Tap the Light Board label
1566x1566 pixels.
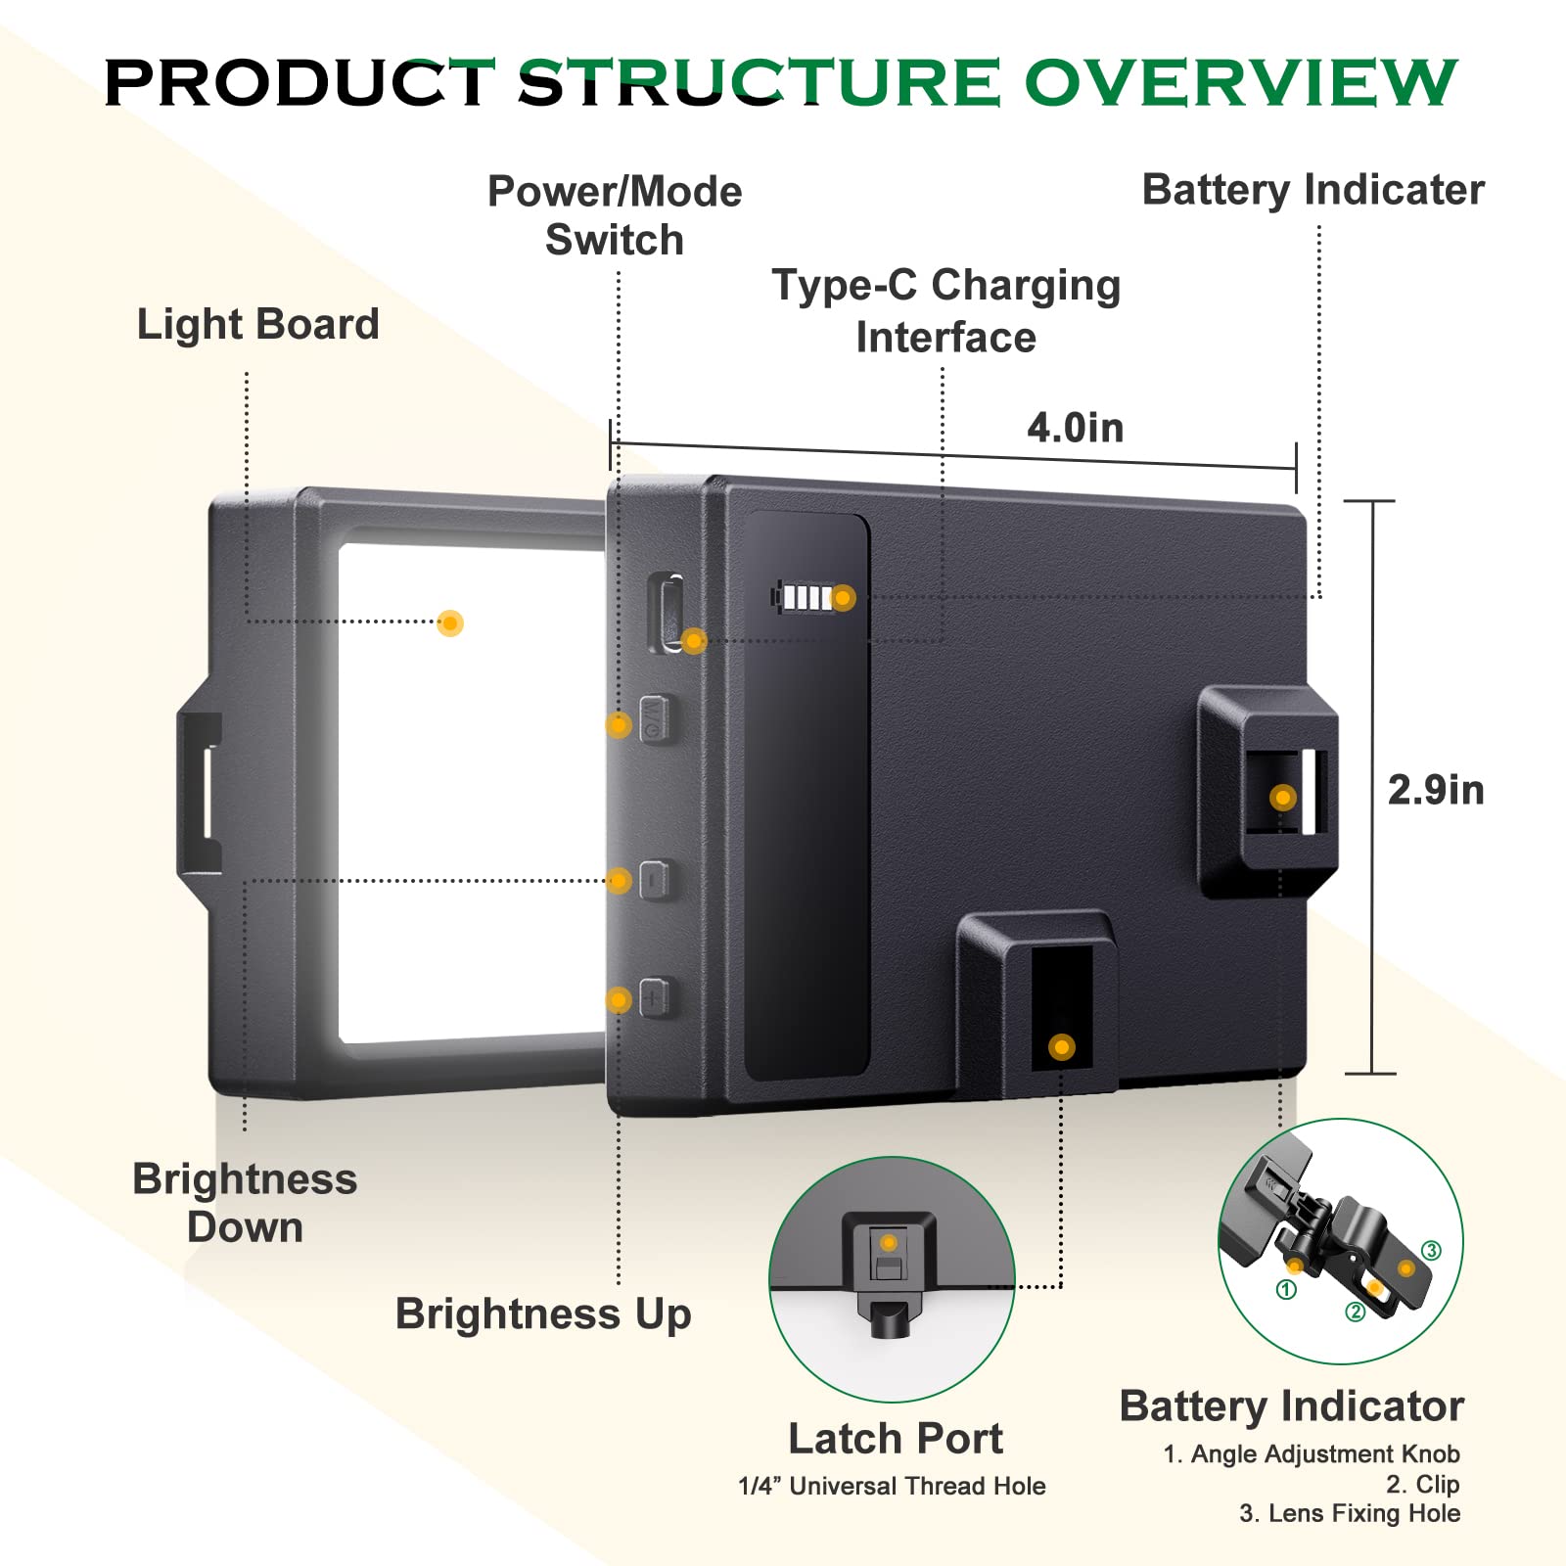point(257,324)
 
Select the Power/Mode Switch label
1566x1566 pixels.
point(615,215)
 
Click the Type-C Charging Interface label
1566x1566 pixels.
point(946,311)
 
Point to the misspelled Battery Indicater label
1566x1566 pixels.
point(1313,190)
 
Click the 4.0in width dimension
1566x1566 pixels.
point(1075,428)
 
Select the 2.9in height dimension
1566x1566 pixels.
point(1436,790)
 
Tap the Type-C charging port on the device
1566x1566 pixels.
point(667,613)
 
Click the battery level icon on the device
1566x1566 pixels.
point(805,597)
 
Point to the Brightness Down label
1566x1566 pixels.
point(245,1203)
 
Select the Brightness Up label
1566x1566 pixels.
point(543,1313)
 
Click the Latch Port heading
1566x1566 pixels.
point(896,1439)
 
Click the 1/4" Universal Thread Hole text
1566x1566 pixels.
point(892,1486)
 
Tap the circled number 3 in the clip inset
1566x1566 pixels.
point(1431,1251)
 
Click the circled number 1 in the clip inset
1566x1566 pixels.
point(1287,1290)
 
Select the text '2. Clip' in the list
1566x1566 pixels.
point(1422,1484)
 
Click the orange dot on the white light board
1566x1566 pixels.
point(450,622)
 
